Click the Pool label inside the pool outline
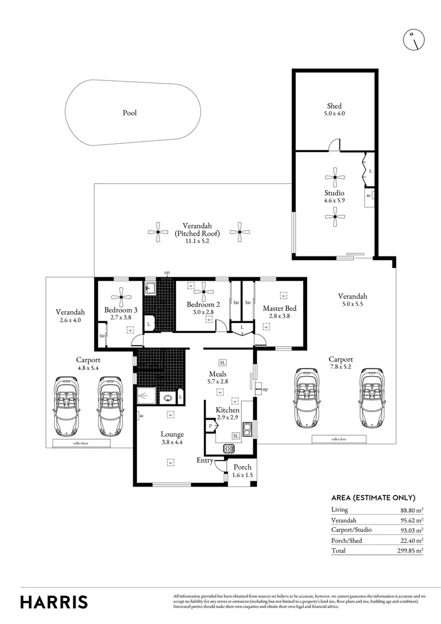coord(130,113)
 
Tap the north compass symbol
coord(413,40)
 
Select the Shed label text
coord(334,106)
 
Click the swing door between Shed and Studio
coord(334,146)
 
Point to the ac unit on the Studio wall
coord(369,195)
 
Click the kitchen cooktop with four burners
coord(229,448)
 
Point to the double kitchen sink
coord(248,429)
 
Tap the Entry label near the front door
coord(205,460)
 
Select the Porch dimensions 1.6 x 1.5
coord(242,476)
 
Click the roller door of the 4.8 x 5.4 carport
coord(81,444)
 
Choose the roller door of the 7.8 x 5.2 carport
coord(339,439)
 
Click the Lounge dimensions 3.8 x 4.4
coord(172,443)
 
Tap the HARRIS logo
coord(54,601)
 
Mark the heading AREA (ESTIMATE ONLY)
coord(373,497)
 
